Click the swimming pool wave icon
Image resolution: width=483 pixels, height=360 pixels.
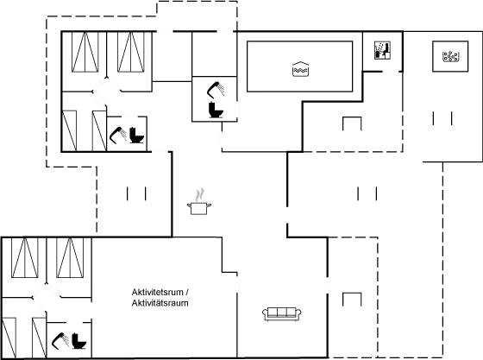tap(300, 69)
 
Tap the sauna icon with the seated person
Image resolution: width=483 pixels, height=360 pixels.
tap(383, 50)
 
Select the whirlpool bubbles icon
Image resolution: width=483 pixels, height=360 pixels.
tap(450, 56)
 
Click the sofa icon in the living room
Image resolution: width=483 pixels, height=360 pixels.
tap(281, 313)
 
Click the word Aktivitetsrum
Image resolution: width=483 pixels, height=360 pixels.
tap(157, 292)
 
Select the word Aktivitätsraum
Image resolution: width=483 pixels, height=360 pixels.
tap(160, 303)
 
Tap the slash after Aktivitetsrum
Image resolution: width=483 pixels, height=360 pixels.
tap(187, 292)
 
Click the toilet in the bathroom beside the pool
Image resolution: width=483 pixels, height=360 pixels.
tap(216, 110)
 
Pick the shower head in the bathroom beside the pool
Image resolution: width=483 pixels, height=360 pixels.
tap(216, 89)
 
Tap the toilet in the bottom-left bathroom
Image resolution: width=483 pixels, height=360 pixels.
tap(79, 341)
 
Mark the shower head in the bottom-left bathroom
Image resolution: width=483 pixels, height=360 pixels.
tap(60, 341)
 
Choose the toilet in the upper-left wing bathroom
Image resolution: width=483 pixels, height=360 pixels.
tap(136, 135)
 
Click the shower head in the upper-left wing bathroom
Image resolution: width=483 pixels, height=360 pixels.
tap(118, 135)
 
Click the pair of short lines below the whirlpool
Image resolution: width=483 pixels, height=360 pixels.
tap(442, 118)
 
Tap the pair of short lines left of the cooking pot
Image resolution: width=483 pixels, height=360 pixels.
tap(136, 193)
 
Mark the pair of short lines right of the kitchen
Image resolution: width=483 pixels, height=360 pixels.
tap(367, 193)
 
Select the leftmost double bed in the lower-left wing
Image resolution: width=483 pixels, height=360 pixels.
tap(25, 257)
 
